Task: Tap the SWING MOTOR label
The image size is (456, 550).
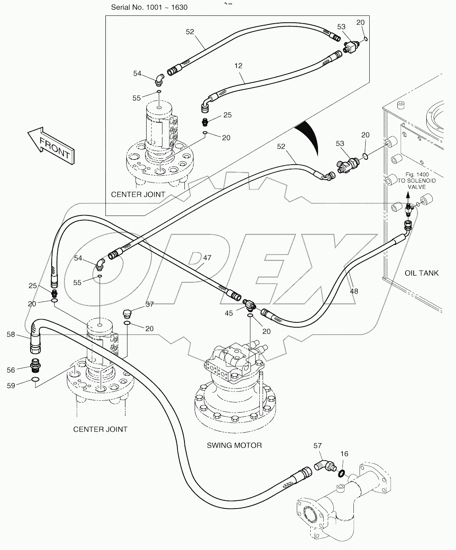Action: click(x=234, y=445)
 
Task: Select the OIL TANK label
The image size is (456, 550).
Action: click(x=421, y=273)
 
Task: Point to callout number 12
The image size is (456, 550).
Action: click(x=238, y=65)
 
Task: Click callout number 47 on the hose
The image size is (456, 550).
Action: click(x=207, y=258)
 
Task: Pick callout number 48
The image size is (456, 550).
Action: click(x=354, y=291)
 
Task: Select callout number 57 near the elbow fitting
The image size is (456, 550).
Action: click(x=318, y=446)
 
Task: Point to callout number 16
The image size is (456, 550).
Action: click(x=344, y=454)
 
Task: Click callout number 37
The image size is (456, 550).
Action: click(x=149, y=304)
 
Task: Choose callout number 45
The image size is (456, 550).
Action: click(x=229, y=313)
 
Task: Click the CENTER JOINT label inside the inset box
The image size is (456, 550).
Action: click(x=138, y=194)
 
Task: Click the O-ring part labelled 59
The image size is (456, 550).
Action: click(x=36, y=380)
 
